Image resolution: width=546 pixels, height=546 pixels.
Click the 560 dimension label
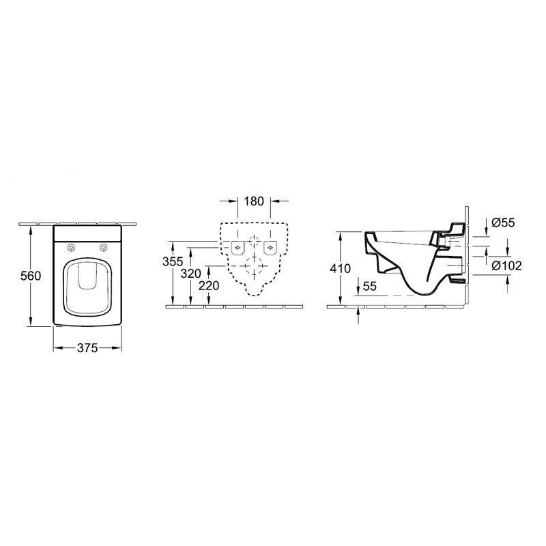coord(31,276)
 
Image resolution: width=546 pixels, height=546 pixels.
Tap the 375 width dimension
coord(87,347)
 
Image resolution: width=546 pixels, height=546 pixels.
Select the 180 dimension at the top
coord(254,201)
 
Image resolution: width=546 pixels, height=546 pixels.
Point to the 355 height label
coord(173,261)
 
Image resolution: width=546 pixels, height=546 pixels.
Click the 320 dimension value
coord(191,274)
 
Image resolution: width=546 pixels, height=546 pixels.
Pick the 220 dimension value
coord(209,285)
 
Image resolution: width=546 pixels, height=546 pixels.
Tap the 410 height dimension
coord(340,268)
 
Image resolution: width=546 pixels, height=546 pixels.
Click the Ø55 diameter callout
coord(503,222)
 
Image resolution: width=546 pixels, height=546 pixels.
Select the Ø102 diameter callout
coord(506,266)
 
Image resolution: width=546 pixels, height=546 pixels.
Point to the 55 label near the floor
coord(370,286)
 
